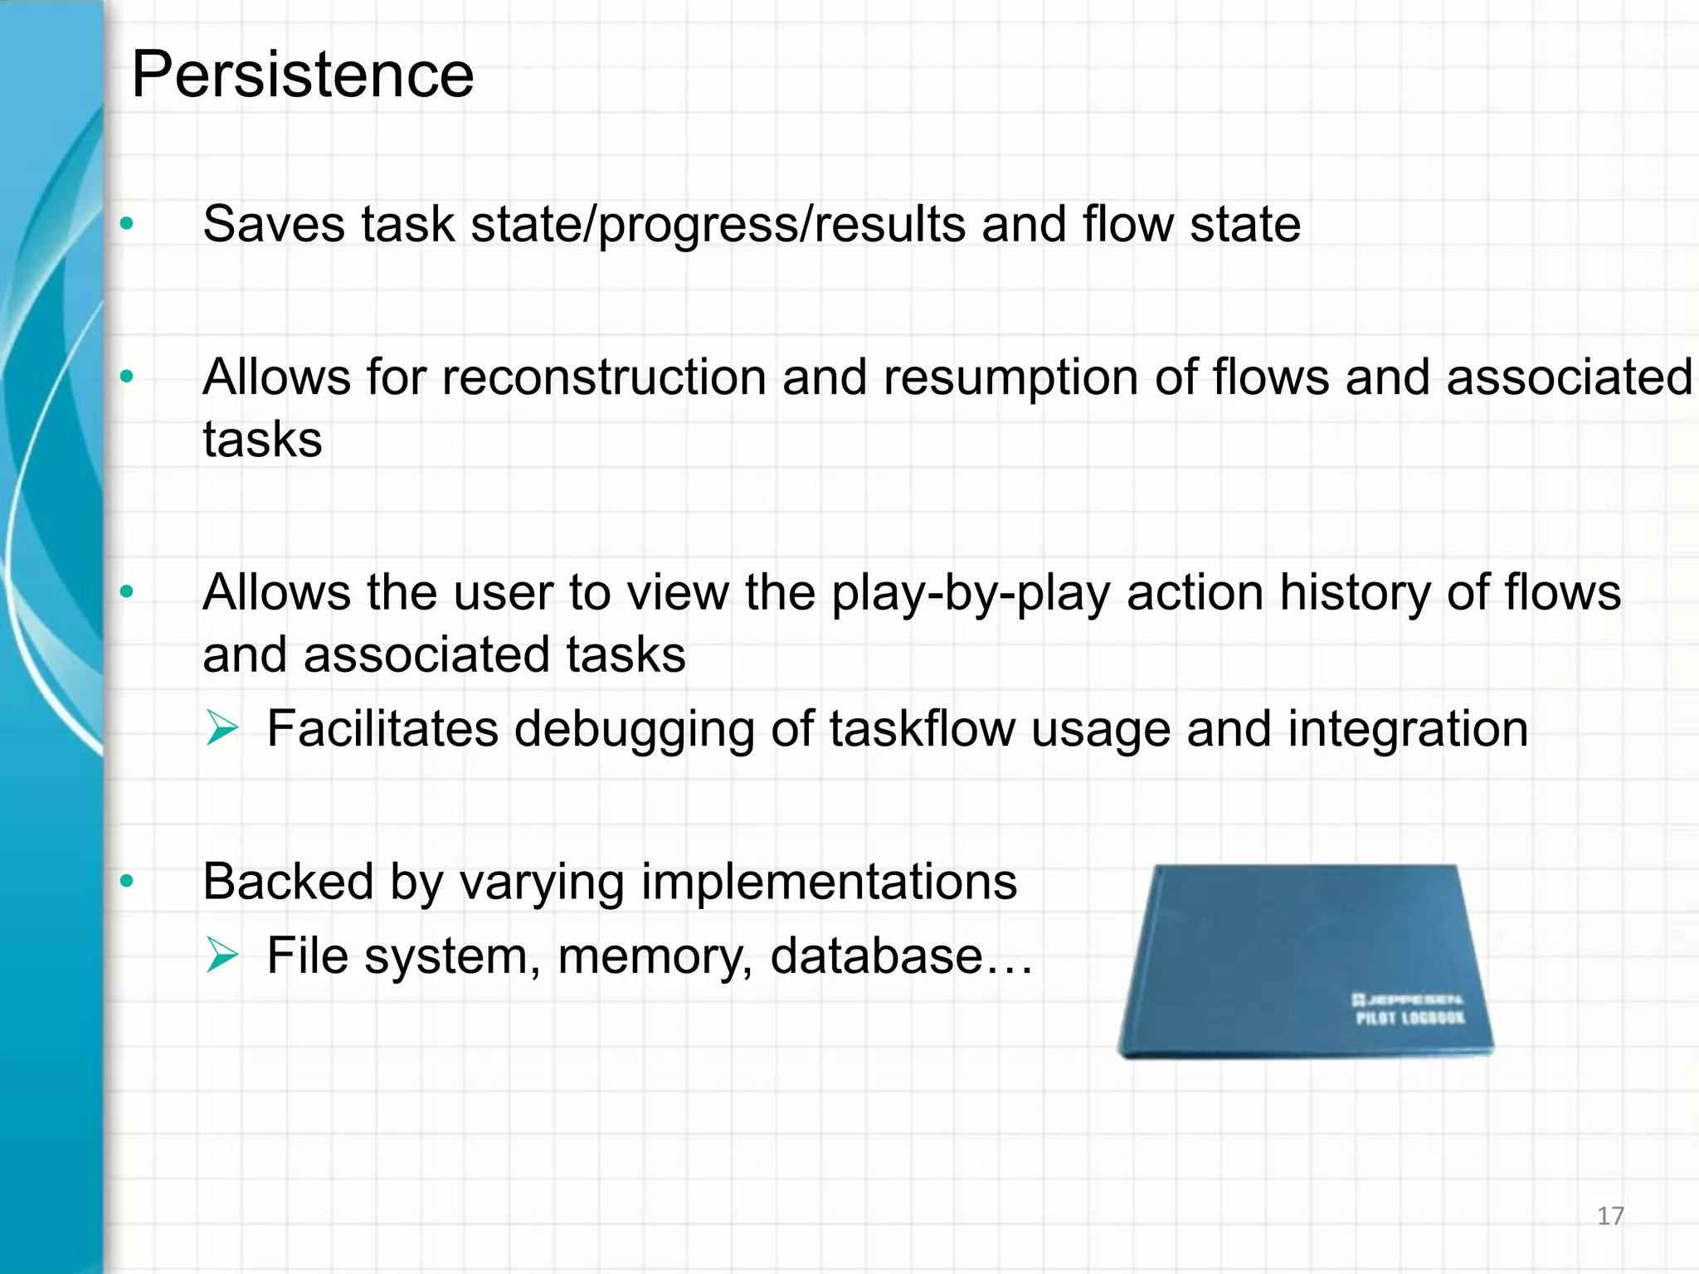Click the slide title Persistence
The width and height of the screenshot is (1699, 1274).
(x=303, y=75)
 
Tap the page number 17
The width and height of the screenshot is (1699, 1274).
(x=1610, y=1216)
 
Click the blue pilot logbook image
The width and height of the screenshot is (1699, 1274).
(x=1305, y=962)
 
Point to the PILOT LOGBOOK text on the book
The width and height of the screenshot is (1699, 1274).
(x=1409, y=1018)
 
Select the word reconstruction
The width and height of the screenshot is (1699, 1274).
(x=604, y=377)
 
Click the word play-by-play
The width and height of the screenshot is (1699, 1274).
(x=971, y=593)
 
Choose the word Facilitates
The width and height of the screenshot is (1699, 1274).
(x=382, y=729)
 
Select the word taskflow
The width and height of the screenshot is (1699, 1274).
(x=922, y=729)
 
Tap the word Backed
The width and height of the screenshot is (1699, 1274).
(x=288, y=881)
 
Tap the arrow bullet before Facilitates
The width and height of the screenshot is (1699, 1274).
(x=222, y=729)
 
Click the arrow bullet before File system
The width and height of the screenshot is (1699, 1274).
(x=222, y=955)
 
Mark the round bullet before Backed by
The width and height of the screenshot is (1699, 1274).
(x=126, y=881)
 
